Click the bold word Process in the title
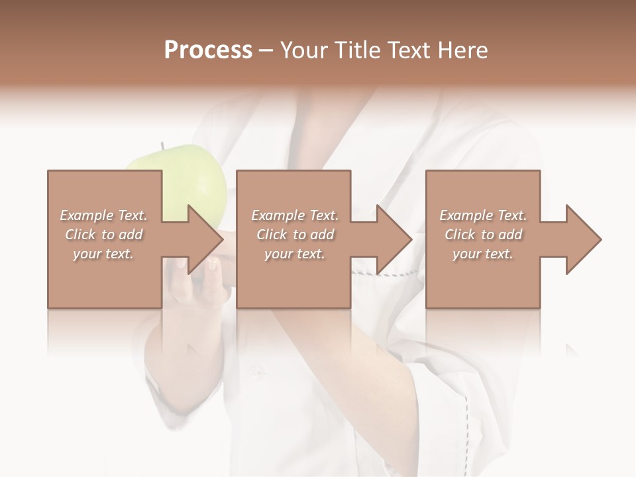click(x=208, y=50)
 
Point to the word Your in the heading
click(x=303, y=50)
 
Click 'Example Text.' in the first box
click(x=104, y=215)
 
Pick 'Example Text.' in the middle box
click(x=295, y=215)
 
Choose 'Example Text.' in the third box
click(x=483, y=215)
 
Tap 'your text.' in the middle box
click(x=294, y=254)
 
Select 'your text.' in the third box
click(x=482, y=254)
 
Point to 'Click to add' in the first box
click(x=103, y=235)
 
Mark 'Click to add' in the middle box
click(x=295, y=235)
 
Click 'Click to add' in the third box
click(x=483, y=235)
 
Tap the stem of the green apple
click(x=161, y=146)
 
